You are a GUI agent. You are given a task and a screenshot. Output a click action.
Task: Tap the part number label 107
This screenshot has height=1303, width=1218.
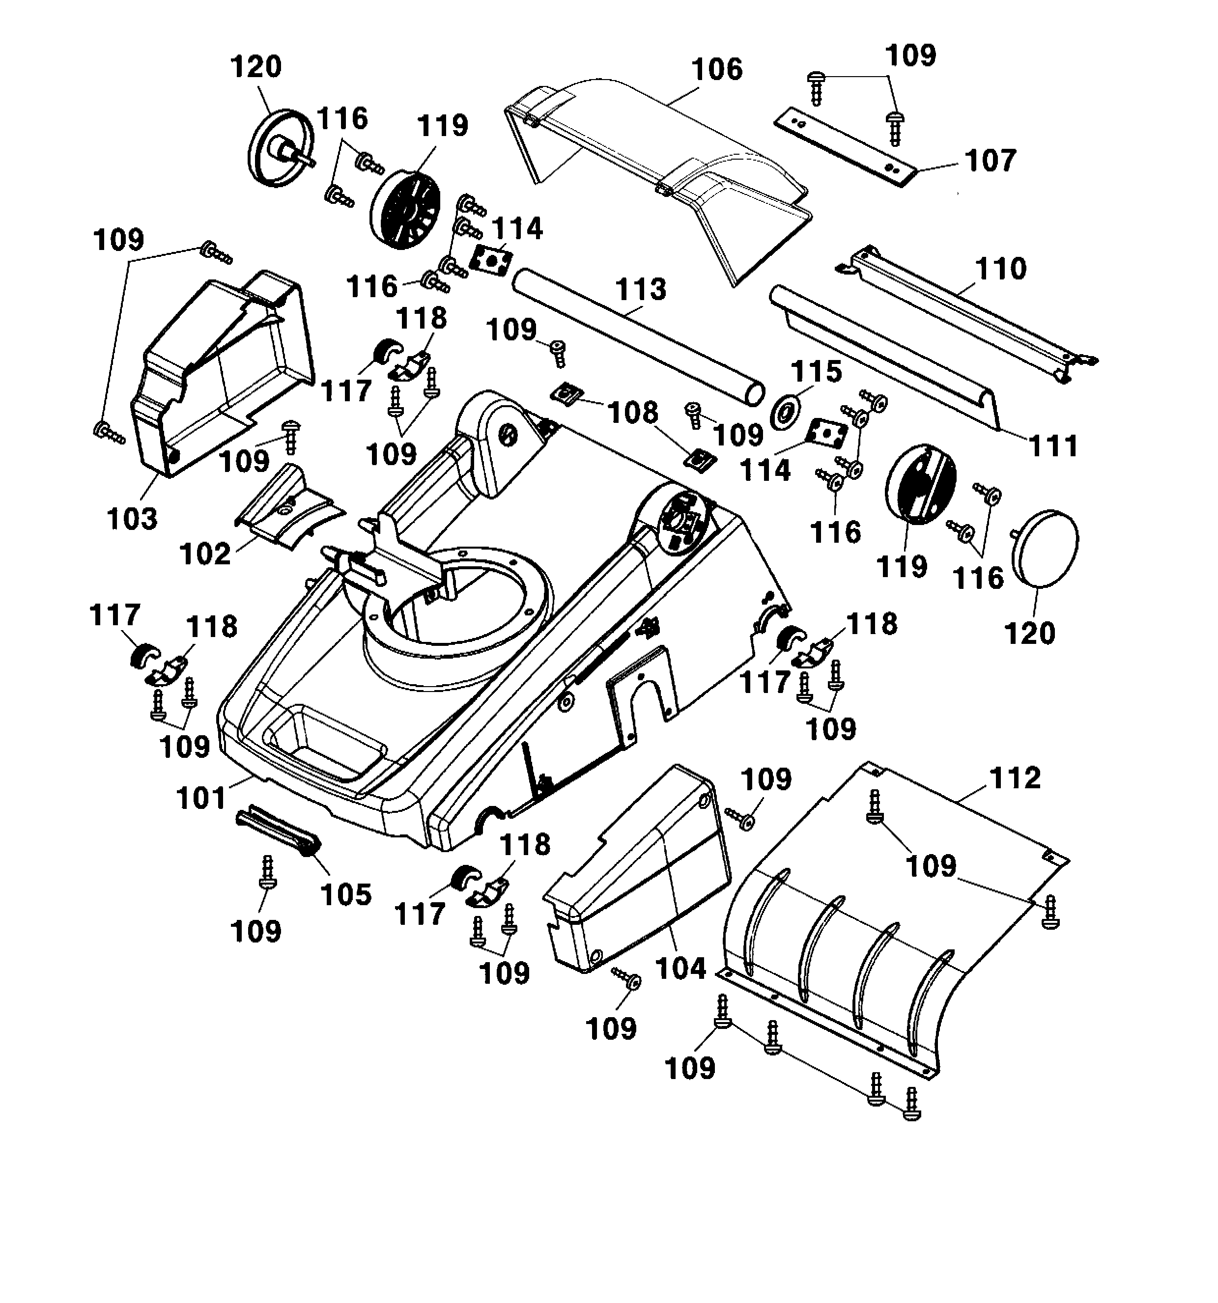click(x=990, y=161)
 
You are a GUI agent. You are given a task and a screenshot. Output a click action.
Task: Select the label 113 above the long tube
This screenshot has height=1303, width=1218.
click(x=641, y=289)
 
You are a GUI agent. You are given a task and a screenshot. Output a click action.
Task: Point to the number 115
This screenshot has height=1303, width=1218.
click(x=816, y=372)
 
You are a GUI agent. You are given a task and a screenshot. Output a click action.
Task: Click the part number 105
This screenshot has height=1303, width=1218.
click(x=346, y=895)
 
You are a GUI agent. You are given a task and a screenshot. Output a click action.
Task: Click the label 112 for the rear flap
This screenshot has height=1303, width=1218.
click(x=1014, y=778)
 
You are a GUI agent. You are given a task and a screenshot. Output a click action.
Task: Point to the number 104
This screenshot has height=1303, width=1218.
click(x=680, y=968)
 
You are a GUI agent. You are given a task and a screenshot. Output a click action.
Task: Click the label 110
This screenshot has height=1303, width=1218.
click(x=1000, y=269)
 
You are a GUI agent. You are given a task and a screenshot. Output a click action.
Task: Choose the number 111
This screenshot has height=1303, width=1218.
click(x=1053, y=447)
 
